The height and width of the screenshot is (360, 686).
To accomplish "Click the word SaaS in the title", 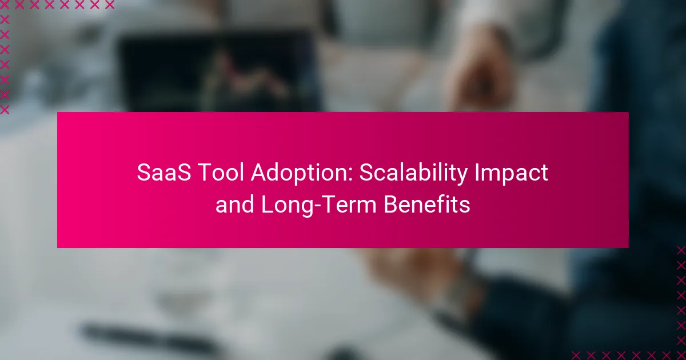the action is coord(164,173).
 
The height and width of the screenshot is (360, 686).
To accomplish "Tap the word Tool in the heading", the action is coord(221,173).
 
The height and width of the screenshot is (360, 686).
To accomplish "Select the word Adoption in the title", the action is coord(299,173).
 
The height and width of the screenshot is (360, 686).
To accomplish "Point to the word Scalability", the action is coord(413,173).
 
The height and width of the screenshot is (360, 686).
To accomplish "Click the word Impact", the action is coord(511,173).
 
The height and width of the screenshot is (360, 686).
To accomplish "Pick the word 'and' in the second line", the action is coord(234,205).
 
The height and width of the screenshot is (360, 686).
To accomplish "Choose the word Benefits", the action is coord(426,205).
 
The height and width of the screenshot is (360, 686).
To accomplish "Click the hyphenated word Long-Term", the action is coord(318,205).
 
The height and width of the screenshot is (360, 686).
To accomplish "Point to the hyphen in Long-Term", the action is coord(318,206).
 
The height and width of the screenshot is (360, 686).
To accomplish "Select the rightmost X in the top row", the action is coord(109,4).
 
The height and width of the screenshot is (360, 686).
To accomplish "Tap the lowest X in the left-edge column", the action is coord(5,109).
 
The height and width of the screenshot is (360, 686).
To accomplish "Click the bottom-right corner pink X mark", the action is coord(681,355).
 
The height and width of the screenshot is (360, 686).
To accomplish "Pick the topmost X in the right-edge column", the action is coord(681,250).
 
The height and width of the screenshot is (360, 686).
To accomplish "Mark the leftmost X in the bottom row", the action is coord(576,355).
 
